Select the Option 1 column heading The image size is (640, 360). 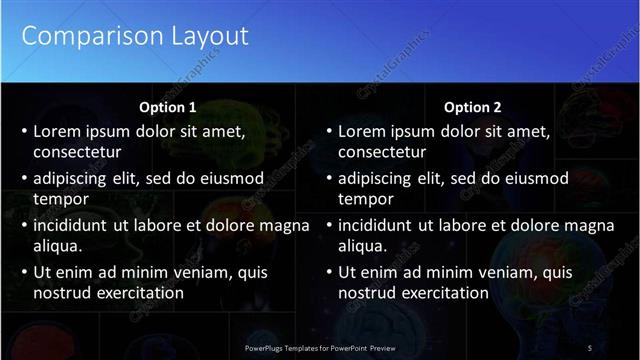pyautogui.click(x=166, y=107)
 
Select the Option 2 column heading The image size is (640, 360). pyautogui.click(x=472, y=107)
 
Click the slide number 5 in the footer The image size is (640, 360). pyautogui.click(x=590, y=347)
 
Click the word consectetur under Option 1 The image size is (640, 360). pyautogui.click(x=77, y=153)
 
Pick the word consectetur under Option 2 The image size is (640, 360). pyautogui.click(x=382, y=153)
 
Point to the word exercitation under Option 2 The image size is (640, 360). pyautogui.click(x=447, y=293)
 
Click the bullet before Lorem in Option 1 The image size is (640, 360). pyautogui.click(x=24, y=131)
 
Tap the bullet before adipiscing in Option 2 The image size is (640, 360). pyautogui.click(x=329, y=178)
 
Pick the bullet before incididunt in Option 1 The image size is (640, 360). pyautogui.click(x=24, y=225)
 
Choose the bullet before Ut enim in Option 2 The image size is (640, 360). pyautogui.click(x=329, y=272)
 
